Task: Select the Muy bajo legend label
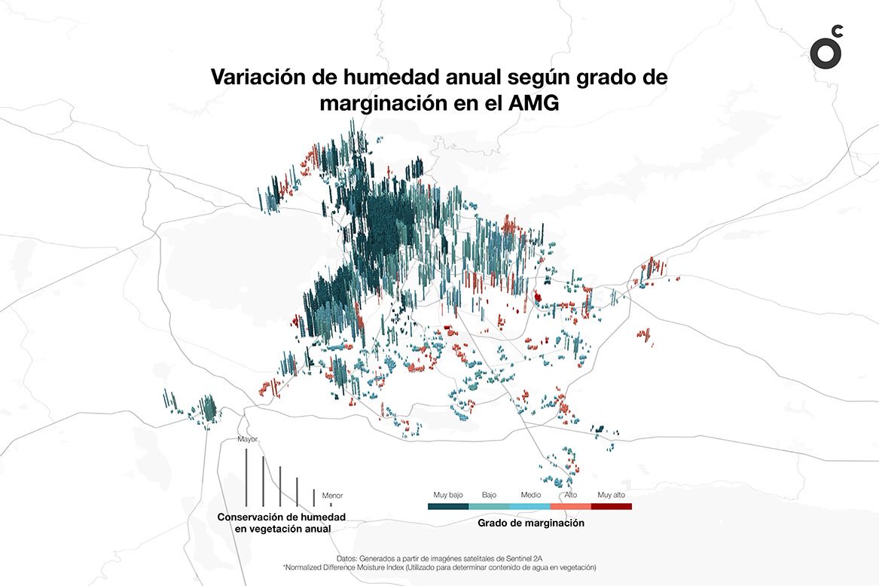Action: coord(448,495)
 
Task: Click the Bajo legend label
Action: coord(489,495)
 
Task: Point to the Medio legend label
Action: coord(530,495)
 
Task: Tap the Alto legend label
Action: coord(571,495)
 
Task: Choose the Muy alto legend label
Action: coord(611,495)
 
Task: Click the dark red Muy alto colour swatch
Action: coord(611,506)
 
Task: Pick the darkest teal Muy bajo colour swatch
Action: coord(448,506)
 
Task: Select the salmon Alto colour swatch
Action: coord(570,506)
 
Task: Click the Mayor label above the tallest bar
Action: coord(248,438)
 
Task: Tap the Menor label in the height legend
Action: coord(332,496)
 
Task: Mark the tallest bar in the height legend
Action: coord(246,478)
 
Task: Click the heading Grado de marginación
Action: coord(531,521)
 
